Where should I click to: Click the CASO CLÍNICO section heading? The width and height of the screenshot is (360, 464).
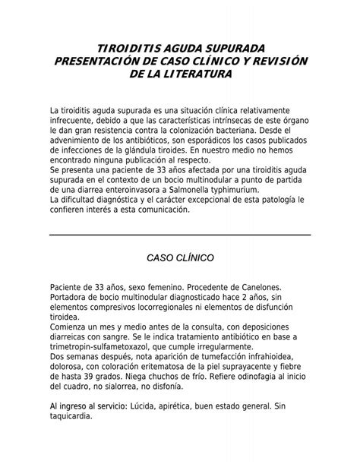pyautogui.click(x=180, y=258)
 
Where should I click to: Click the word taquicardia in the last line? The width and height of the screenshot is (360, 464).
pyautogui.click(x=71, y=417)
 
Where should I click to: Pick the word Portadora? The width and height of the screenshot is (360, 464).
pyautogui.click(x=70, y=298)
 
